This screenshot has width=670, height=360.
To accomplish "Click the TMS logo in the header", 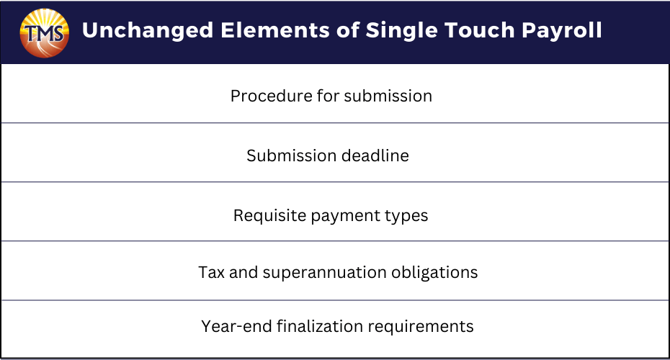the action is pyautogui.click(x=45, y=33).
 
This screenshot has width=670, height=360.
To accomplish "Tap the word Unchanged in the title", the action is pyautogui.click(x=148, y=30).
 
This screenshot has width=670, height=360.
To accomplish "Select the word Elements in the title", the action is pyautogui.click(x=275, y=30).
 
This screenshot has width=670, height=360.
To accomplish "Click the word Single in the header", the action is pyautogui.click(x=402, y=31).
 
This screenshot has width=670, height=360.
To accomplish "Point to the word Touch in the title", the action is pyautogui.click(x=479, y=30).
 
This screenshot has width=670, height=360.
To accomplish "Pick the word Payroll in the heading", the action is pyautogui.click(x=562, y=31).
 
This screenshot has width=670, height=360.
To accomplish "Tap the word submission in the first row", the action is pyautogui.click(x=388, y=96).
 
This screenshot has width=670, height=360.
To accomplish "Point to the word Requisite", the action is pyautogui.click(x=269, y=216).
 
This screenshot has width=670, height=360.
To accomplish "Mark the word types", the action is pyautogui.click(x=406, y=217).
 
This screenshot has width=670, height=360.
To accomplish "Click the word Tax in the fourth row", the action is pyautogui.click(x=212, y=272).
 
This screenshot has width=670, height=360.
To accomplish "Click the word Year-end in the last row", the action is pyautogui.click(x=237, y=326).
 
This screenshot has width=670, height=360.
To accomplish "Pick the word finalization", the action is pyautogui.click(x=320, y=326).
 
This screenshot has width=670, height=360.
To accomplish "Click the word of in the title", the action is pyautogui.click(x=348, y=30).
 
